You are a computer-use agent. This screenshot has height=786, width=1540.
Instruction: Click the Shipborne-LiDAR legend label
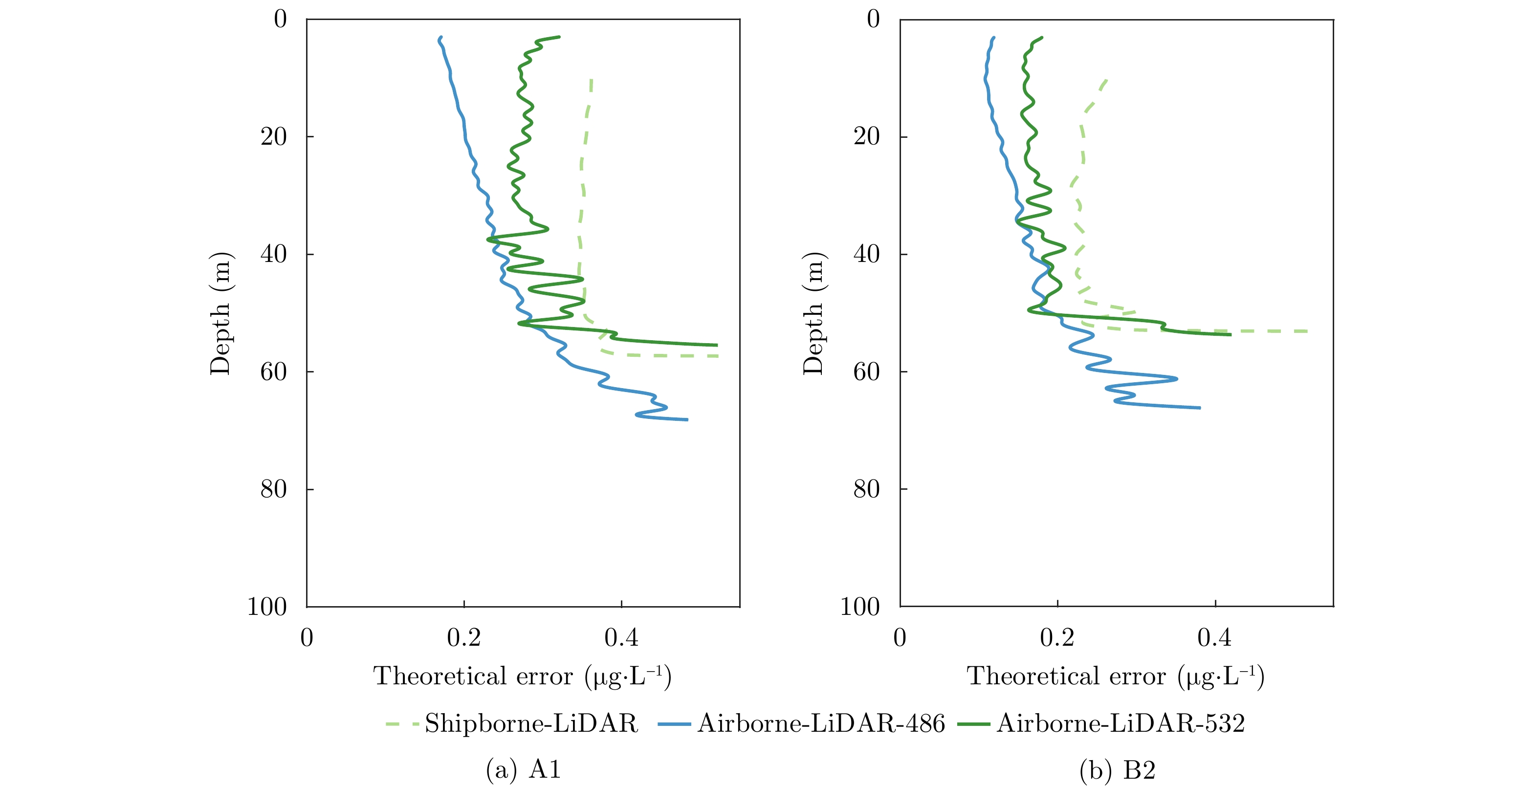(531, 724)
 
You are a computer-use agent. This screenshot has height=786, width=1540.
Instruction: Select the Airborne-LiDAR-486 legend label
(821, 724)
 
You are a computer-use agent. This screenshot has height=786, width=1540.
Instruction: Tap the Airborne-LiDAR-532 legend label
(1121, 724)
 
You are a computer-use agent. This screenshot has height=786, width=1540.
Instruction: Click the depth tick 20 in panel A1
(274, 137)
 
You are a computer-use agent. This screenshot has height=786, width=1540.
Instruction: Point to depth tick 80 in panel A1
(274, 489)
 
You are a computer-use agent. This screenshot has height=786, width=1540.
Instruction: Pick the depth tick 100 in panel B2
(859, 607)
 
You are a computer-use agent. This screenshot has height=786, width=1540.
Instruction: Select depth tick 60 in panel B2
(867, 372)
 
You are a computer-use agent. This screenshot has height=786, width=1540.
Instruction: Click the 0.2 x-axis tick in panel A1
(464, 638)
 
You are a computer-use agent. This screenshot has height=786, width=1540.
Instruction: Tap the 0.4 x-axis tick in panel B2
(1214, 638)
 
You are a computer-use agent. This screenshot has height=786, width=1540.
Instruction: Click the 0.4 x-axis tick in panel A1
(621, 638)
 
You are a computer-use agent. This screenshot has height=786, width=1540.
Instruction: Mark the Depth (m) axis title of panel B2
(814, 313)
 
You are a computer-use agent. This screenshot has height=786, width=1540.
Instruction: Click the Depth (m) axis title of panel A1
(220, 313)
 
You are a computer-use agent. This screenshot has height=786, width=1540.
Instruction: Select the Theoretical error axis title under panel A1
(523, 677)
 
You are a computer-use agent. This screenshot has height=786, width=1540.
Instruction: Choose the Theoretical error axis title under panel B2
(1116, 677)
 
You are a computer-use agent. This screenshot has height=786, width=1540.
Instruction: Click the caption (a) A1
(523, 769)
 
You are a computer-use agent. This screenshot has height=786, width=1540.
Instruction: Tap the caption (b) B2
(1117, 769)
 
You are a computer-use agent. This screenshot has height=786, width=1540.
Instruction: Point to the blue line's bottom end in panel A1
(687, 419)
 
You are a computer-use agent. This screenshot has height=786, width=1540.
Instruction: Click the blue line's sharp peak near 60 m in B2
(1177, 378)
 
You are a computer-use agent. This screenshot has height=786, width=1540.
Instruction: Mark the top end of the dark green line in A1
(558, 37)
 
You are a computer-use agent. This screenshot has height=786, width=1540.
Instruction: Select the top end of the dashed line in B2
(1106, 80)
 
